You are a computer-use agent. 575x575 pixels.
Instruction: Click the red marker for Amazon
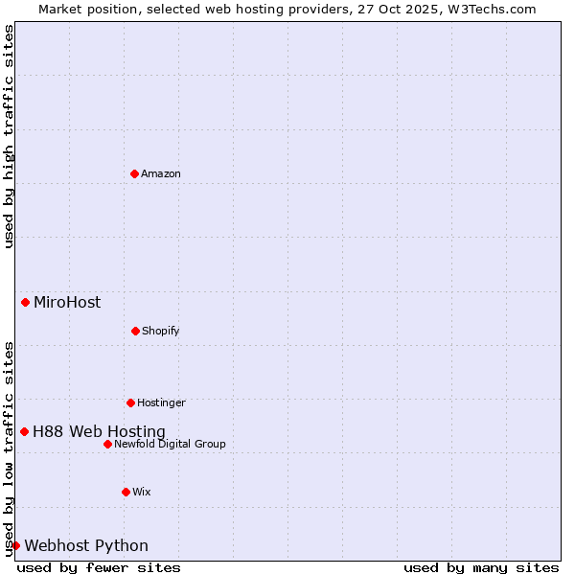134,173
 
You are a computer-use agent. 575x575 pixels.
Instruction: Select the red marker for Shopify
135,331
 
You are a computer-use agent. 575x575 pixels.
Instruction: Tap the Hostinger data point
130,402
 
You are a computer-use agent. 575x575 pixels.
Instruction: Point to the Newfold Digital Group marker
107,444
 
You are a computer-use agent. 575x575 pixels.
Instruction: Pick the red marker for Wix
126,492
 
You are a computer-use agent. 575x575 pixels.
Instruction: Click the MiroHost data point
25,303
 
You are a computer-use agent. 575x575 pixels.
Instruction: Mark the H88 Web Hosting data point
24,431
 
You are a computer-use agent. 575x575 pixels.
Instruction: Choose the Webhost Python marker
15,545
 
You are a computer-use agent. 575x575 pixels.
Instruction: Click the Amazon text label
161,173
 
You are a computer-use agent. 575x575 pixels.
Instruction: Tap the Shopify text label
161,331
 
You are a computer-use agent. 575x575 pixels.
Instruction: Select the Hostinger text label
161,402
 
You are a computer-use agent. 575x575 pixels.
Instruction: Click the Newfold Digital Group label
170,444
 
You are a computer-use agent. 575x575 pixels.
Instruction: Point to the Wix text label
142,492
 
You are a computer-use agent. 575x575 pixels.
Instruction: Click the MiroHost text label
67,303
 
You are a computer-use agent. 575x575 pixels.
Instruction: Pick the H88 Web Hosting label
99,431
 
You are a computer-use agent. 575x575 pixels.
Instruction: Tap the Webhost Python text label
86,545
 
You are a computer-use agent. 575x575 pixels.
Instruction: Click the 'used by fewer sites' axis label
99,567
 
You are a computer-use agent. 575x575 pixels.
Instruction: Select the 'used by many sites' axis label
481,567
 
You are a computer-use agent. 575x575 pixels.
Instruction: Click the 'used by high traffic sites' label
10,136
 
